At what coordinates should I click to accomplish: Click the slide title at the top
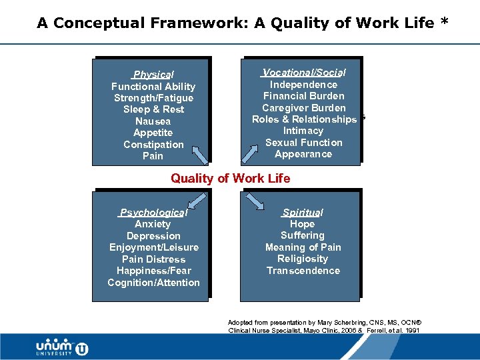tap(243, 23)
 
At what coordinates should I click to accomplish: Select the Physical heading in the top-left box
tap(153, 75)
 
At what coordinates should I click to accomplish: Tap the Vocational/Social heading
tap(304, 72)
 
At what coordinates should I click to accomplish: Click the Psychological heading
tap(153, 213)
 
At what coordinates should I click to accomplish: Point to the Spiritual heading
tap(303, 213)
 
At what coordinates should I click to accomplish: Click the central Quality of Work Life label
tap(231, 178)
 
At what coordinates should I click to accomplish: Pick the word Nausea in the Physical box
tap(153, 121)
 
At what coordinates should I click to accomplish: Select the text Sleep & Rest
tap(153, 109)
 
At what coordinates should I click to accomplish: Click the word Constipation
tap(153, 145)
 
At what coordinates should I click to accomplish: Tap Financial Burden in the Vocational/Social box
tap(304, 96)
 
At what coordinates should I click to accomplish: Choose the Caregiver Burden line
tap(304, 108)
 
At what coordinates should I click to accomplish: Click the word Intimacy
tap(303, 131)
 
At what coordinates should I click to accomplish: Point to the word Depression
tap(153, 236)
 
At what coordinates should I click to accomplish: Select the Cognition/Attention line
tap(153, 283)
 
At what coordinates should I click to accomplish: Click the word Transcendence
tap(303, 271)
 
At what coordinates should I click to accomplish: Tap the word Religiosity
tap(303, 259)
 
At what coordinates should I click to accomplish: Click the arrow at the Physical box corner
tap(200, 155)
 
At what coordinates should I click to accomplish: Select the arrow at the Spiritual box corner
tap(253, 201)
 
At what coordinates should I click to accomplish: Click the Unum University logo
tap(62, 347)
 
